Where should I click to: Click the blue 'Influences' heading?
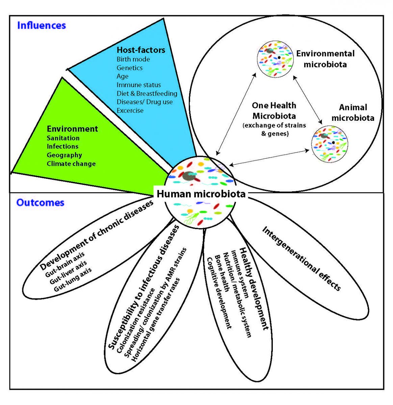click(42, 25)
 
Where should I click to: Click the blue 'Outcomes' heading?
click(40, 202)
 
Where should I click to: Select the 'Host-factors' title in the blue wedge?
click(141, 50)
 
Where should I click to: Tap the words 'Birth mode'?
click(133, 59)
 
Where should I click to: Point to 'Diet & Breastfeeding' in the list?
click(147, 93)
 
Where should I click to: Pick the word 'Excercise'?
click(130, 110)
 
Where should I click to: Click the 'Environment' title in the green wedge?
click(72, 129)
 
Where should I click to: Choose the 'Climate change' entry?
click(71, 164)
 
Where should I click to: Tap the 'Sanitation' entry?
click(63, 138)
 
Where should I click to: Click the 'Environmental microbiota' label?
click(325, 59)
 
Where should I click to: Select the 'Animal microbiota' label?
click(353, 112)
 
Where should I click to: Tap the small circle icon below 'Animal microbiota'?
click(330, 144)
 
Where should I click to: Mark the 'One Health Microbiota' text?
click(274, 111)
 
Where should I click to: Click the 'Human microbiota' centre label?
click(201, 194)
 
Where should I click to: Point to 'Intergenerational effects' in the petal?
click(302, 258)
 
